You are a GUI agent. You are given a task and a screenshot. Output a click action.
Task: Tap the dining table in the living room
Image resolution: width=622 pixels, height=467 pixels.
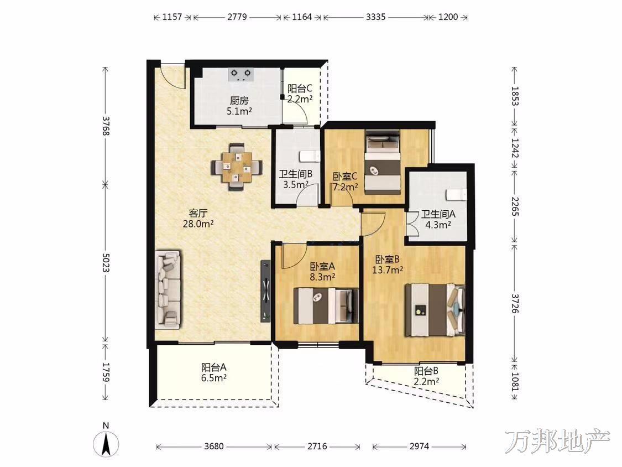coord(237,167)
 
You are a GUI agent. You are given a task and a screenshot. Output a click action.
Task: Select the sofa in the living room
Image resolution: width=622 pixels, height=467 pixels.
coord(168,289)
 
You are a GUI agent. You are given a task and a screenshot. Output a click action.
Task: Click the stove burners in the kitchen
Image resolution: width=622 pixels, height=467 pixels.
coord(242,74)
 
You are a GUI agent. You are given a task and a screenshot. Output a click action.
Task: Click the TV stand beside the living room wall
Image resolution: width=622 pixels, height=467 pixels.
coord(265,290)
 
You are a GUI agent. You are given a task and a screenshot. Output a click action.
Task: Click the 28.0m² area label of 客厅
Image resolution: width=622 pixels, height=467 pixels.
coord(198,224)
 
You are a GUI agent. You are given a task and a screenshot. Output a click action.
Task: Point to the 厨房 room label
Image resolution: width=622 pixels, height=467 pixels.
coord(239,101)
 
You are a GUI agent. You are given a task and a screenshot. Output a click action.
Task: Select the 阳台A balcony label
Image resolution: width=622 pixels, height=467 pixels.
coord(214,367)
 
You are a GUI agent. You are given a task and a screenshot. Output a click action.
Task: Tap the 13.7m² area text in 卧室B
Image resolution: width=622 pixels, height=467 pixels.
coord(388,271)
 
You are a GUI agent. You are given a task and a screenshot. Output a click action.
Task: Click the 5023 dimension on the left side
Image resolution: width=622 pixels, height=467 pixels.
coord(106,263)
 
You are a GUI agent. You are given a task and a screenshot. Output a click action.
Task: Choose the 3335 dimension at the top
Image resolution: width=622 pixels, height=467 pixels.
coord(375,17)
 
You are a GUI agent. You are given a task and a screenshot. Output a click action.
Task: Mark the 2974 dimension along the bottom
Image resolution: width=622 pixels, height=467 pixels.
coord(419,447)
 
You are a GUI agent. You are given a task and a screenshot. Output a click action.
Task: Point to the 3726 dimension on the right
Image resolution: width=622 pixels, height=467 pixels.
coord(515,304)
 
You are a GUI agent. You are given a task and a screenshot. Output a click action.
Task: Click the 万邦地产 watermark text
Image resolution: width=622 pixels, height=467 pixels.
coord(557,440)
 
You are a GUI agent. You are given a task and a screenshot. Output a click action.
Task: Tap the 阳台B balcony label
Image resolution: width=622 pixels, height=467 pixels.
coord(426,371)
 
